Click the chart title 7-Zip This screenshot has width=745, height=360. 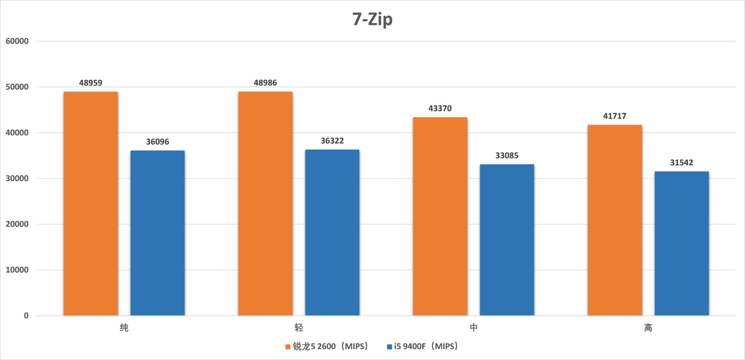click(372, 19)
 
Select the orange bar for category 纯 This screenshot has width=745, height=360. click(91, 204)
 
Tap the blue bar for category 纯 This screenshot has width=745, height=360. click(158, 233)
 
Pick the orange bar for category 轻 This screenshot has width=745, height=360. click(265, 204)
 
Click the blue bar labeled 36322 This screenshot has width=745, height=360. click(332, 232)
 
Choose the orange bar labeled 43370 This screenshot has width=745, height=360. click(440, 216)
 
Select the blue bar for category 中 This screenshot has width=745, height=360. click(507, 240)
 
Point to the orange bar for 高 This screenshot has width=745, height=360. click(615, 220)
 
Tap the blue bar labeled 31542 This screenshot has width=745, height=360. click(681, 243)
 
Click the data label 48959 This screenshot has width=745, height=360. click(91, 83)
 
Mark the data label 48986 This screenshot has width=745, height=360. click(265, 83)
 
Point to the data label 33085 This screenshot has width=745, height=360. click(507, 156)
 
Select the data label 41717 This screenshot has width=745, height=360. click(615, 116)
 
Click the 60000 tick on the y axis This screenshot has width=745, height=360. click(17, 41)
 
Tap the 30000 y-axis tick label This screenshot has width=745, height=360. click(17, 178)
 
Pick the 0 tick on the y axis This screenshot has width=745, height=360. click(26, 316)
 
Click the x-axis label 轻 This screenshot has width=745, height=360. click(299, 328)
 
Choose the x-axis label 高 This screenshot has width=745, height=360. click(648, 328)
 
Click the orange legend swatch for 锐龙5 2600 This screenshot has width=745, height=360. click(288, 347)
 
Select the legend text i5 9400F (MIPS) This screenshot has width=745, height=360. click(426, 346)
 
